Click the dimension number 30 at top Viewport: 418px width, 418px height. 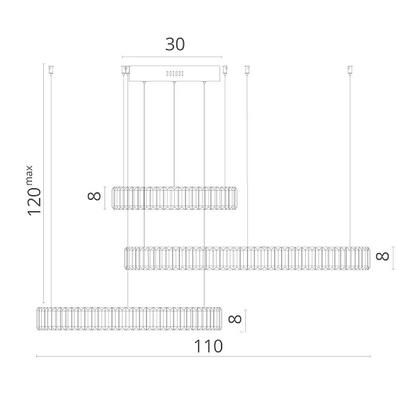[175, 45]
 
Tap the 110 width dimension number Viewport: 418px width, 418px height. [208, 346]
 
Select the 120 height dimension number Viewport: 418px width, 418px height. [35, 201]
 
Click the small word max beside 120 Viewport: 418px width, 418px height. [29, 175]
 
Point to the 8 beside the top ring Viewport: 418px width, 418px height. [94, 196]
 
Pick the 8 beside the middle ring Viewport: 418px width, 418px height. [382, 256]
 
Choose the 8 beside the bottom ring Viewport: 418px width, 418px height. [235, 319]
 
